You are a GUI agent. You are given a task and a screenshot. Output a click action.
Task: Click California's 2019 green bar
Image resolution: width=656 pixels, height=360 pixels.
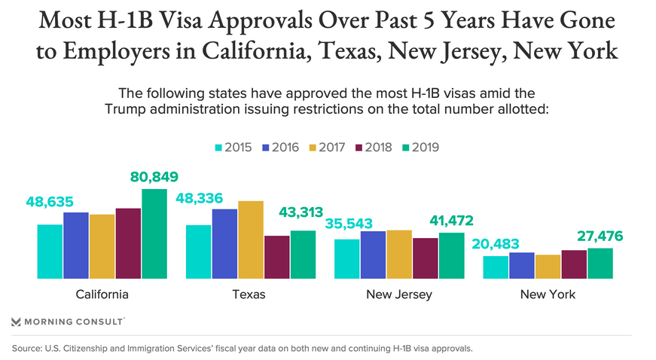[x=154, y=233]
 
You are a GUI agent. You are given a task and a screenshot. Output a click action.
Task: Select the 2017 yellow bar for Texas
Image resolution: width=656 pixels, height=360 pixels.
[x=251, y=239]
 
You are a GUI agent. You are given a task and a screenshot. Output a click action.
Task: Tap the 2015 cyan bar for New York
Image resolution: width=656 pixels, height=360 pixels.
[x=495, y=267]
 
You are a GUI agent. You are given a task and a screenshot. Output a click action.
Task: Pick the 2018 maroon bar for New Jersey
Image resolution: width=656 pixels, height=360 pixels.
[x=426, y=258]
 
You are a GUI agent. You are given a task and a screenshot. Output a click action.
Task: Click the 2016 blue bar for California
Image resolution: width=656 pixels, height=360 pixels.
[x=76, y=246]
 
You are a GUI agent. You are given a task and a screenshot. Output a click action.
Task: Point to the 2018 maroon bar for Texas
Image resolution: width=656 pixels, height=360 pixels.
[x=276, y=257]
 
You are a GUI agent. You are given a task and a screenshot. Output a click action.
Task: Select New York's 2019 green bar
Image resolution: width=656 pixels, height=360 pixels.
[x=600, y=263]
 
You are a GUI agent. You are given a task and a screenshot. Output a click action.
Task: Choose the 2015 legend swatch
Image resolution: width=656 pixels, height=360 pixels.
[x=220, y=147]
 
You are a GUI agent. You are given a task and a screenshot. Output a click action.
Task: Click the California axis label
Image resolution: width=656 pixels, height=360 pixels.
[x=102, y=294]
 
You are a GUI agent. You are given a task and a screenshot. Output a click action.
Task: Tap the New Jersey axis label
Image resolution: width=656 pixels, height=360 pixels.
[x=399, y=294]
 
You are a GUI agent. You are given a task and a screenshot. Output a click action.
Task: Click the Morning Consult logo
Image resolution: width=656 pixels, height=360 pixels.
[x=67, y=322]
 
